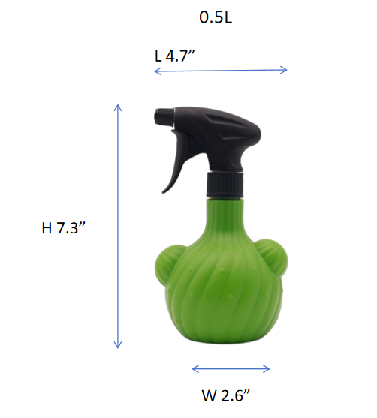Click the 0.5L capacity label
pos(216,17)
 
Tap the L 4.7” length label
pos(175,56)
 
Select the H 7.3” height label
pos(64,228)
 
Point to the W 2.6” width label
pos(226,395)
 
